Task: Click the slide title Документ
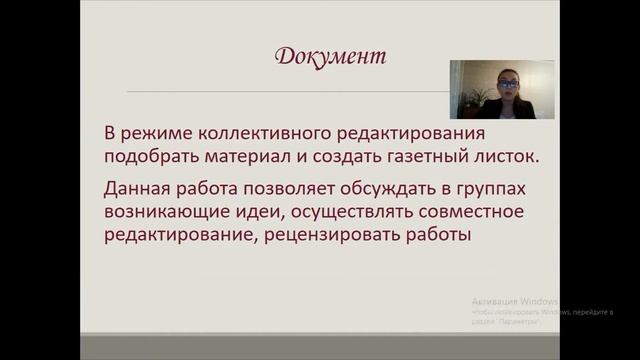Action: tap(329, 57)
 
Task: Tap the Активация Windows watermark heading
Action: tap(514, 301)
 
